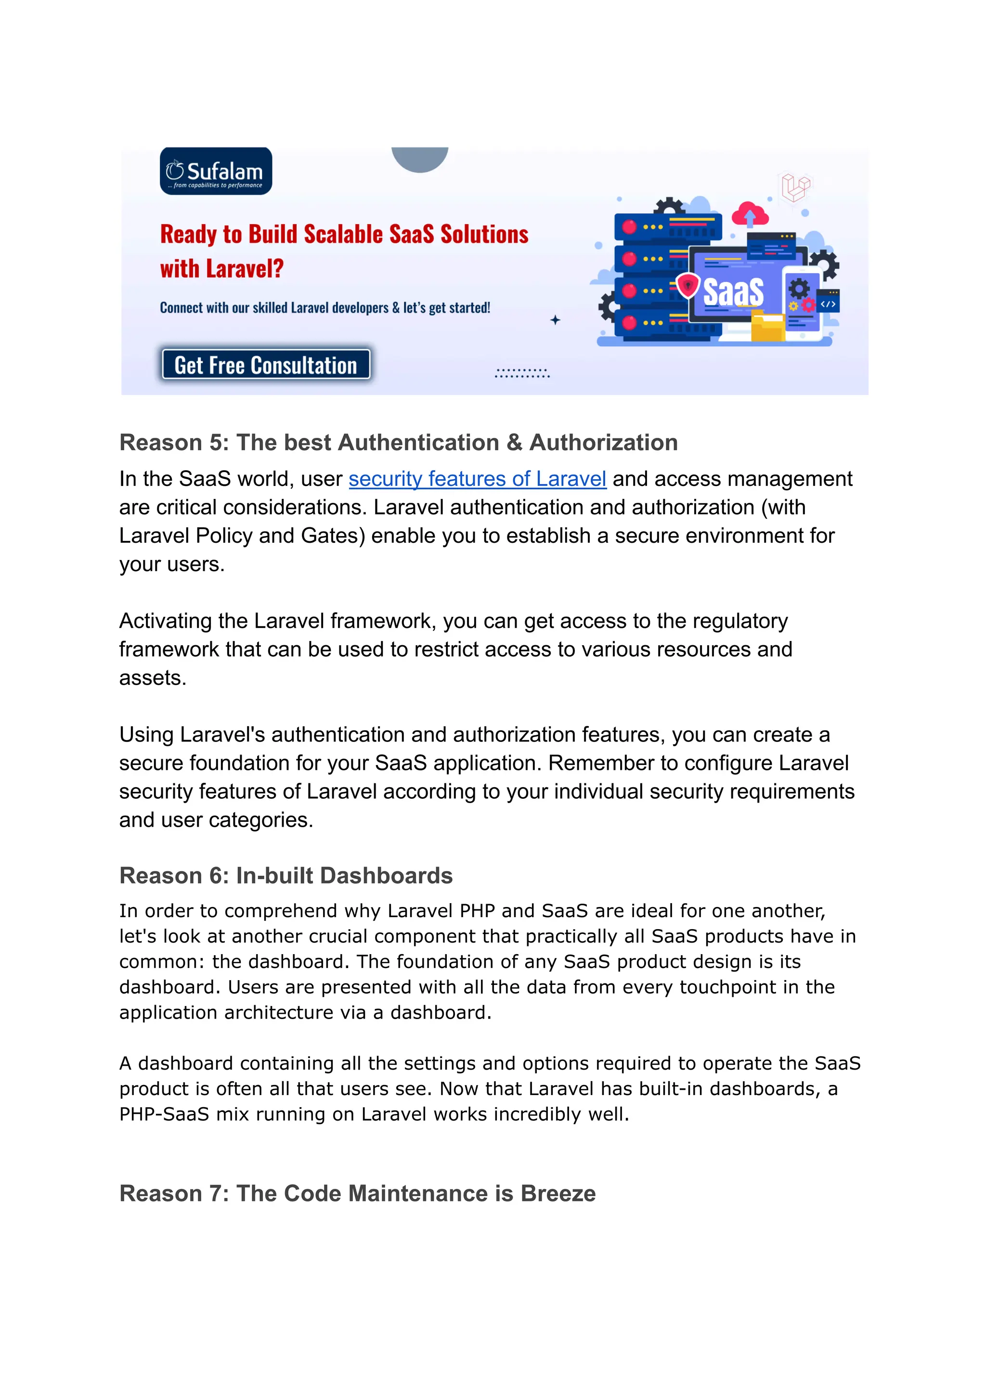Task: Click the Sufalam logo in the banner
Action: [x=216, y=171]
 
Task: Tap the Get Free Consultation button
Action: [x=266, y=365]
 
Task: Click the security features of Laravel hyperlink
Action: [x=477, y=479]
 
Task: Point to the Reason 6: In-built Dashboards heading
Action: [x=286, y=876]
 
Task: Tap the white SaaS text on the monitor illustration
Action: [x=733, y=293]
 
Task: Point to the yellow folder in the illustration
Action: [x=767, y=326]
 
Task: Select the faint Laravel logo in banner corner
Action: [x=795, y=187]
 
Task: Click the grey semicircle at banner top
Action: [x=419, y=158]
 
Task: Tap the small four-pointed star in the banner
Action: [x=555, y=320]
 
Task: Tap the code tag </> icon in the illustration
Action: [x=828, y=304]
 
